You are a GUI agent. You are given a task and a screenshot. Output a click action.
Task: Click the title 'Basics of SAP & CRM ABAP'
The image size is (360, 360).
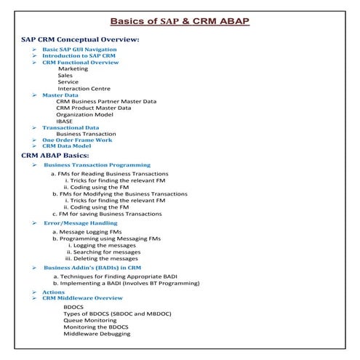[179, 20]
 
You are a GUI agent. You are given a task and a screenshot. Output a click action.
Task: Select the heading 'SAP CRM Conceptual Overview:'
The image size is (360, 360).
[80, 39]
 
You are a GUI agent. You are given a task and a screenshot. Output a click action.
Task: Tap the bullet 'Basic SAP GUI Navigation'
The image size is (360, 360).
[79, 49]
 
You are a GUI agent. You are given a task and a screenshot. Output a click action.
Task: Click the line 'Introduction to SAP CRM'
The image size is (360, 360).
[78, 55]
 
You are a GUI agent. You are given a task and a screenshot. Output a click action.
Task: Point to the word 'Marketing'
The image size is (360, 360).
[73, 68]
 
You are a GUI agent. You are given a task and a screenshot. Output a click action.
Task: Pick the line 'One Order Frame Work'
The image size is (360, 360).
[76, 140]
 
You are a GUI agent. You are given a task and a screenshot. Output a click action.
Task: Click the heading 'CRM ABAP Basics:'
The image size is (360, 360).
[55, 155]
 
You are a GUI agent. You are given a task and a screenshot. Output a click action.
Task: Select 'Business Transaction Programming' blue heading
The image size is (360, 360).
[97, 165]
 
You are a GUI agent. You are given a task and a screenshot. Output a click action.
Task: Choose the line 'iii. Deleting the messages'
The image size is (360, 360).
[101, 258]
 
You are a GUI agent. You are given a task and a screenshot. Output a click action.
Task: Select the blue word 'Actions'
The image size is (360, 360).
[53, 292]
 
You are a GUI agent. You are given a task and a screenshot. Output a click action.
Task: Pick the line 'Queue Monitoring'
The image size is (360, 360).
[90, 320]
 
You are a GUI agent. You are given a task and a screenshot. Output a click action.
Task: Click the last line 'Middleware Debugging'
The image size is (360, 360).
[97, 334]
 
